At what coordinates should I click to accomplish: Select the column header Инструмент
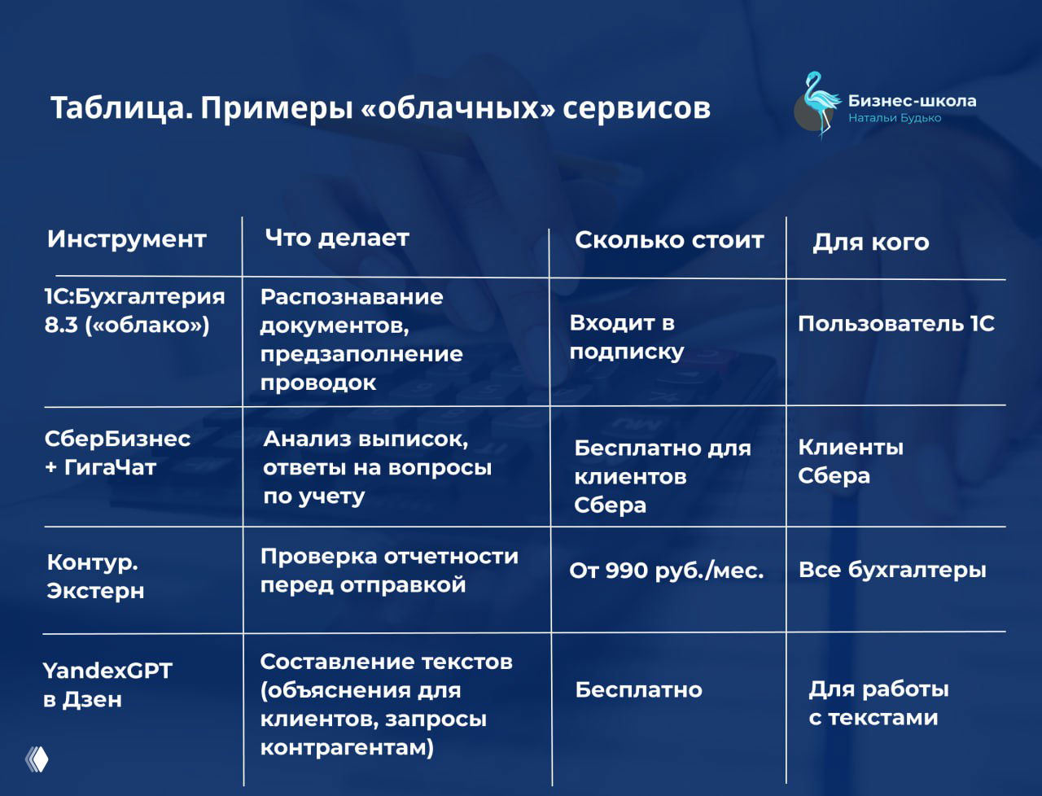point(126,239)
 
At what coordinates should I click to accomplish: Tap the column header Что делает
point(337,238)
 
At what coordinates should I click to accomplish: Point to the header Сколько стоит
point(669,240)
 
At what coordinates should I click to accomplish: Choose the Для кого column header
point(870,242)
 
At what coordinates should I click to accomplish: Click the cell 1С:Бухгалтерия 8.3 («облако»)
point(134,310)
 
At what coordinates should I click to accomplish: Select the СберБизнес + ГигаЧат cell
point(117,453)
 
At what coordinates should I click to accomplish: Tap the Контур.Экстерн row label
point(95,576)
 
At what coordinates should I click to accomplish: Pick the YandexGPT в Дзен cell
point(107,684)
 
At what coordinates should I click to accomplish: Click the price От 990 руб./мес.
point(666,571)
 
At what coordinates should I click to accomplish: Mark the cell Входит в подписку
point(626,337)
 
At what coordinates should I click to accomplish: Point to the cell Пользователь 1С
point(895,324)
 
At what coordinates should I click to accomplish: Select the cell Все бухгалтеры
point(892,570)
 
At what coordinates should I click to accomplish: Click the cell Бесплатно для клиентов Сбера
point(661,476)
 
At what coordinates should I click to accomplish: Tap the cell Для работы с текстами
point(878,703)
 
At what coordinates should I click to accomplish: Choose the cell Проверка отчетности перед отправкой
point(388,570)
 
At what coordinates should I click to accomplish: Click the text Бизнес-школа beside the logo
point(912,101)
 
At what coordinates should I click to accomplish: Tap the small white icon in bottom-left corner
point(37,759)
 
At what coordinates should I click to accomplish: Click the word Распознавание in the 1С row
point(352,297)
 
